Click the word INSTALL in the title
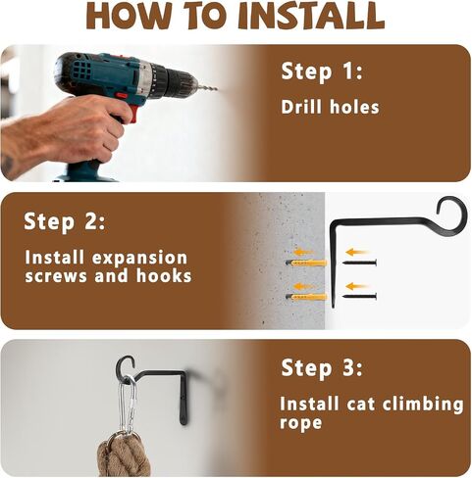point(311,16)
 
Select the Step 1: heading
point(322,72)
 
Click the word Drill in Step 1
point(301,107)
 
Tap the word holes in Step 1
point(354,107)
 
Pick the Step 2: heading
point(65,222)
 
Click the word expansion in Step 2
point(139,258)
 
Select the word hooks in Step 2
point(164,276)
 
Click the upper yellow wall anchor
point(306,263)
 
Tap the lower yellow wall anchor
point(306,297)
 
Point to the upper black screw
point(359,263)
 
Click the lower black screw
point(359,296)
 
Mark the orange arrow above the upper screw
point(357,252)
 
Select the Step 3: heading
point(322,368)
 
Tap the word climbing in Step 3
point(423,405)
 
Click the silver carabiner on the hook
point(128,406)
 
